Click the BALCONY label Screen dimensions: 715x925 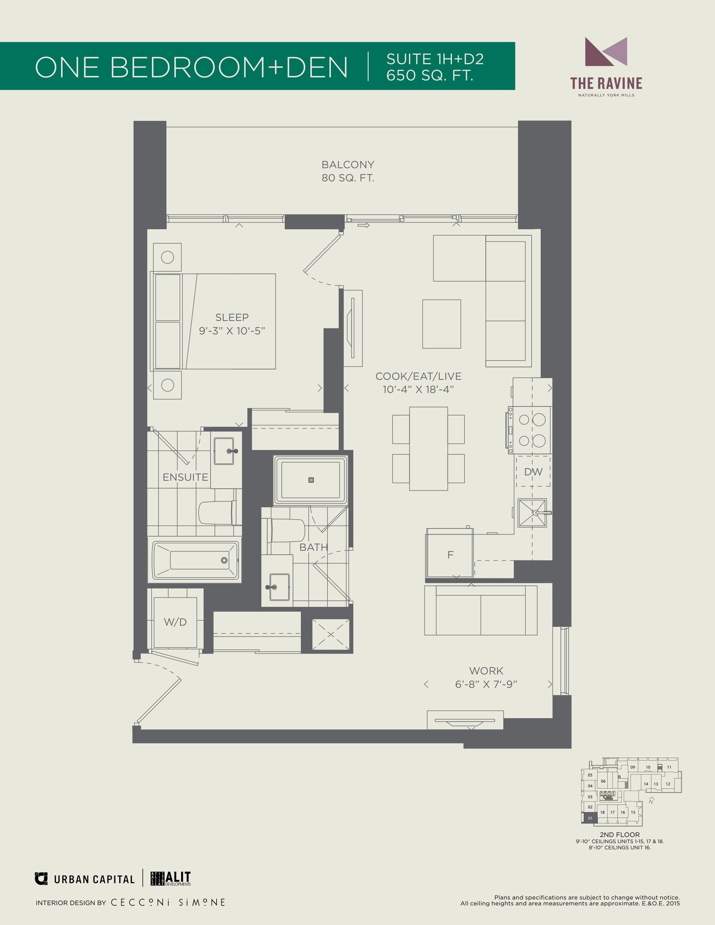[348, 164]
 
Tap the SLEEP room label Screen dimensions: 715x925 [232, 317]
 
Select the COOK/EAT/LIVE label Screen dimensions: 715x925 [418, 376]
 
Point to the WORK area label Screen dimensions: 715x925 [486, 671]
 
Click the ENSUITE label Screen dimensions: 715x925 [186, 477]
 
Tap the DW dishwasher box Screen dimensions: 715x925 [533, 471]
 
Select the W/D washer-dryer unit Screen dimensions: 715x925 [175, 622]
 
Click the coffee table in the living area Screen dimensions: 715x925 [441, 324]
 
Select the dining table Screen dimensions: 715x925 [429, 449]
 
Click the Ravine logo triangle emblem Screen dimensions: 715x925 [606, 52]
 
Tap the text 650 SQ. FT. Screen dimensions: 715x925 [429, 75]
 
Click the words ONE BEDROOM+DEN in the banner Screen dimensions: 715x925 [192, 67]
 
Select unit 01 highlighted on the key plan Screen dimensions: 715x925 [590, 819]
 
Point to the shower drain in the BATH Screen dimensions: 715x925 [311, 480]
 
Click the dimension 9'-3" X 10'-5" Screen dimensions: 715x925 [232, 331]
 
